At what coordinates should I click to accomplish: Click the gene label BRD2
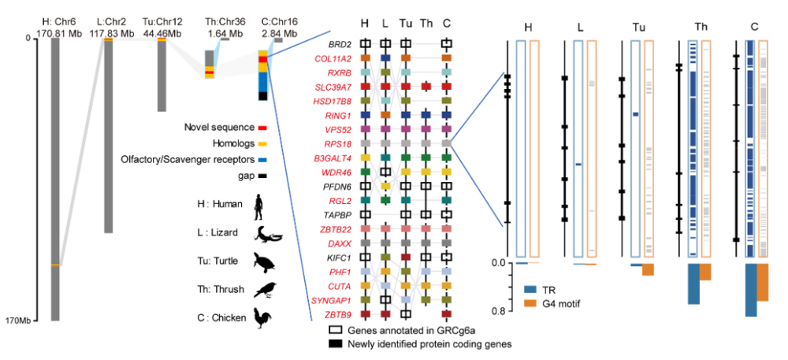tap(340, 44)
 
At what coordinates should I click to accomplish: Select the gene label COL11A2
tap(334, 58)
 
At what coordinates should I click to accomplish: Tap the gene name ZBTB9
tap(337, 314)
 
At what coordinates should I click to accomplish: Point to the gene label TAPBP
tap(338, 214)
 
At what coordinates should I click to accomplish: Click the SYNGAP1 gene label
tap(333, 300)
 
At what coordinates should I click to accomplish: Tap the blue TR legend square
tap(529, 290)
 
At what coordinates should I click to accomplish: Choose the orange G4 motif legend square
tap(529, 303)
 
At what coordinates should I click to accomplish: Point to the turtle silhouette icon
tap(265, 262)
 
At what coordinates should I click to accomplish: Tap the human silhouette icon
tap(258, 206)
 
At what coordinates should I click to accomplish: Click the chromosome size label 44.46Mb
tap(163, 34)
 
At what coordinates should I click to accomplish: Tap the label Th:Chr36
tap(223, 22)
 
